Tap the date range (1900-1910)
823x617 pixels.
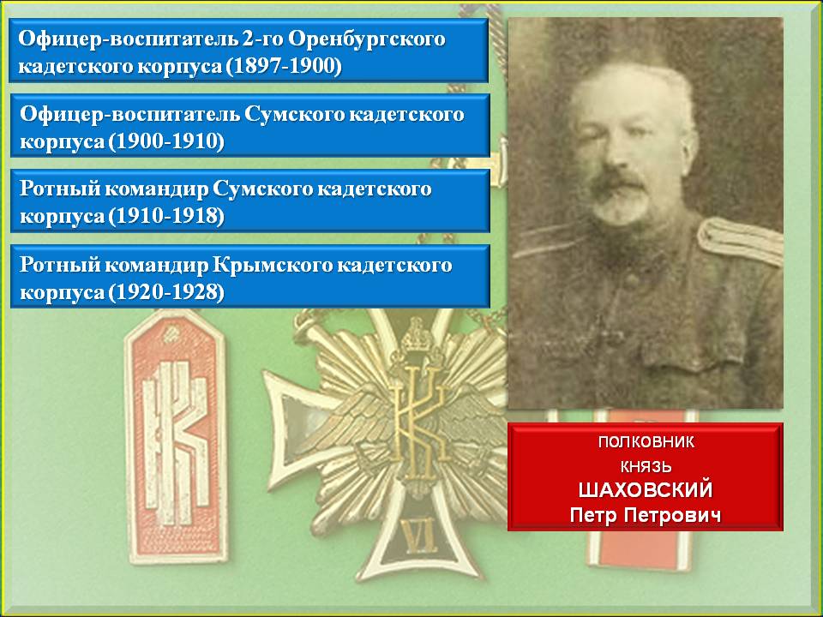tap(167, 141)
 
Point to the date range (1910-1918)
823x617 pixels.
tap(167, 216)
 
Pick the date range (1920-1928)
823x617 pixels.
tap(167, 291)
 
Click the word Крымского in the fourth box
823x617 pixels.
tap(272, 266)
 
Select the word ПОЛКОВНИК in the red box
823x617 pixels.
tap(646, 442)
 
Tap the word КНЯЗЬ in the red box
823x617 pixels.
tap(646, 466)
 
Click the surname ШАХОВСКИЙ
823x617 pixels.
tap(646, 490)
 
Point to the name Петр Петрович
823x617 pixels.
tap(646, 515)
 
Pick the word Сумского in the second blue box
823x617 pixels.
tap(294, 116)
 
